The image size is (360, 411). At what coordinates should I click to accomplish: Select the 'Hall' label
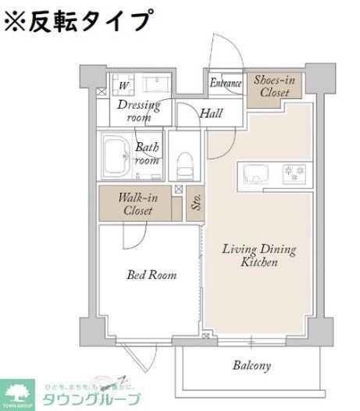211,113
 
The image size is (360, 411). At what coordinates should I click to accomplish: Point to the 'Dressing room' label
138,111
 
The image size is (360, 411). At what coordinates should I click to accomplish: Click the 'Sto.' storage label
196,205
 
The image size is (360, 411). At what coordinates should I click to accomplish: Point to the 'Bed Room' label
151,275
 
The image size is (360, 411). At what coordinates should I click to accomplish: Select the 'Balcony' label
251,365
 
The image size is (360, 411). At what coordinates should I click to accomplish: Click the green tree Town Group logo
20,393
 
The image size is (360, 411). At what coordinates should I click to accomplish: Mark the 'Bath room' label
148,152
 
